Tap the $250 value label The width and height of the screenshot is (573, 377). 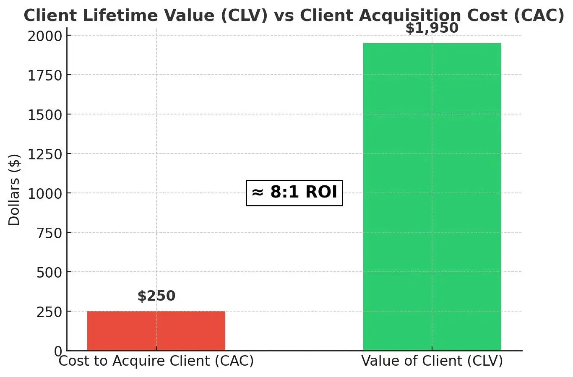[156, 296]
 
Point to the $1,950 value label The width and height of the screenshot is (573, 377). [432, 29]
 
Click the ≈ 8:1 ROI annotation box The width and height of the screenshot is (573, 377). [294, 192]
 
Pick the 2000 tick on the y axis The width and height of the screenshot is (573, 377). [44, 36]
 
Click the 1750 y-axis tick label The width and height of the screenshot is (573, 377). [44, 75]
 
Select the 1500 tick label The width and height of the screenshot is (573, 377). [44, 115]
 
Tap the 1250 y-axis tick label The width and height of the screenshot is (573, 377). [44, 154]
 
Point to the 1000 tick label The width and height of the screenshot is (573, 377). [44, 194]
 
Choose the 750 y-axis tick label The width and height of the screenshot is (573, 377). [49, 233]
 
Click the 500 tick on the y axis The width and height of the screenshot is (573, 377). [49, 273]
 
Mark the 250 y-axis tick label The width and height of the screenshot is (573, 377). [49, 312]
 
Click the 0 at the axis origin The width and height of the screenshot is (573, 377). [58, 351]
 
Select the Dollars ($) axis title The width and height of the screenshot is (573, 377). [14, 190]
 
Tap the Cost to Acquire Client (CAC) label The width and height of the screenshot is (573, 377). [156, 361]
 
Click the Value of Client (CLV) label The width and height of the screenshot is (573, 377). [432, 361]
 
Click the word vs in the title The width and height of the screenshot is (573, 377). [283, 16]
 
